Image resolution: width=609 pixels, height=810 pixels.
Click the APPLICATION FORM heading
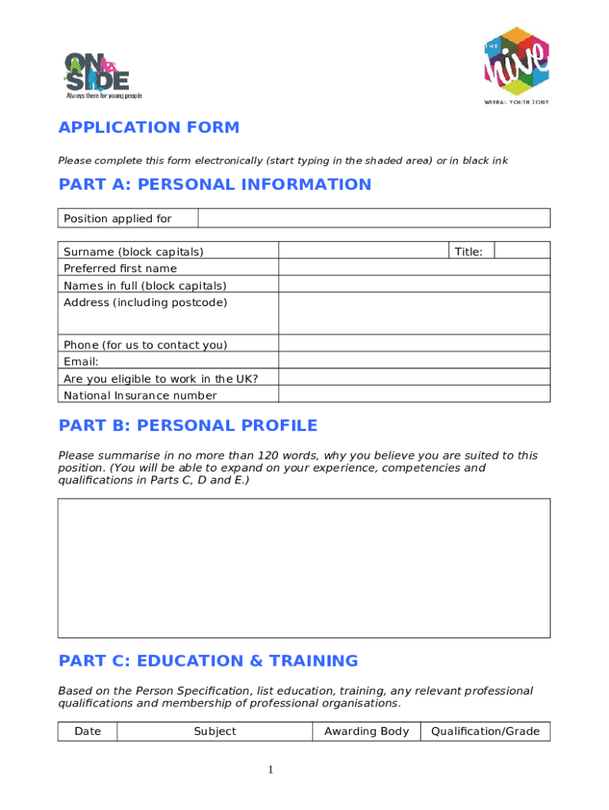(149, 128)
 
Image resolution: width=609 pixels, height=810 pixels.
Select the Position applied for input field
(373, 218)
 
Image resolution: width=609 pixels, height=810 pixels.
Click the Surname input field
(363, 251)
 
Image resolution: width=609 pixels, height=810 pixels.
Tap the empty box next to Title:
(522, 251)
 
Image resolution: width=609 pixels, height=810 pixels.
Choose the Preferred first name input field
(414, 267)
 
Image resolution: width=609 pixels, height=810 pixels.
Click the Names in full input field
(414, 285)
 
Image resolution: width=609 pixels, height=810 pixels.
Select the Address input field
(414, 313)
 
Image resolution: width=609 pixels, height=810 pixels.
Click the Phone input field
(414, 344)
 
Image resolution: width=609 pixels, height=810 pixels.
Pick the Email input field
(414, 361)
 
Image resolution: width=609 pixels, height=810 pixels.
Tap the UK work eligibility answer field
(414, 378)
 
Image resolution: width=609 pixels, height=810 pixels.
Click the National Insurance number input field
(414, 395)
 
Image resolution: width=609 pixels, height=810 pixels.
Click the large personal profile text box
(304, 567)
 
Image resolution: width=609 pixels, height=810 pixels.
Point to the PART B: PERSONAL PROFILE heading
(188, 426)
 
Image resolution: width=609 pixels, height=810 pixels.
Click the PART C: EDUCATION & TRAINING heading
(208, 660)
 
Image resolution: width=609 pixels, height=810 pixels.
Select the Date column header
(88, 732)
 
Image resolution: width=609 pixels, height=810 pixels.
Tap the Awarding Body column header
(366, 732)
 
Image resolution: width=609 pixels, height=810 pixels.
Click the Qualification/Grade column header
(485, 732)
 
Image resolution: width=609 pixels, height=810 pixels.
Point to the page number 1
(270, 770)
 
